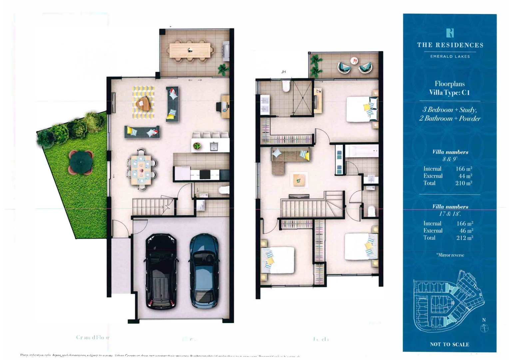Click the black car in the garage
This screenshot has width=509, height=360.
point(161,272)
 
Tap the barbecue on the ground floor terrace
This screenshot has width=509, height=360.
point(226,50)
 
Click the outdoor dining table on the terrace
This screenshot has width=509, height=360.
point(190,50)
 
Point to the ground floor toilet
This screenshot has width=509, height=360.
point(224,190)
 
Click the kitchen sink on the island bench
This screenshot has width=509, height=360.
point(214,146)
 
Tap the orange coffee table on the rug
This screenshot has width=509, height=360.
point(144,103)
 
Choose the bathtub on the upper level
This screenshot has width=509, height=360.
point(362,151)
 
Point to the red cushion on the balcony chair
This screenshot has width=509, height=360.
point(354,61)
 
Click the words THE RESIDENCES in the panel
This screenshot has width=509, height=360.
point(450,45)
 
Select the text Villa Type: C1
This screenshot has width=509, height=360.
point(449,92)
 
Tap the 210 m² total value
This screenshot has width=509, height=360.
point(464,183)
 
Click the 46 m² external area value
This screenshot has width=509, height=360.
point(466,231)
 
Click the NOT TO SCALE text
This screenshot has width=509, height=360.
point(449,344)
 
